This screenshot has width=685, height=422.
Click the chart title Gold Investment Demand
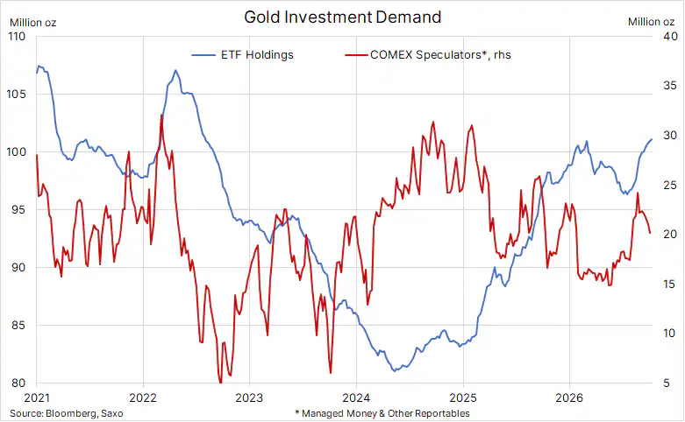click(x=342, y=18)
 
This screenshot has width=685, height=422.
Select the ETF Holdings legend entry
click(x=242, y=55)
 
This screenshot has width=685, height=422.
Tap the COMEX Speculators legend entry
click(x=428, y=55)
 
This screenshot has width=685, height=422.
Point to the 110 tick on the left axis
click(x=17, y=37)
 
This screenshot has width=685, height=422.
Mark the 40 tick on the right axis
click(x=670, y=36)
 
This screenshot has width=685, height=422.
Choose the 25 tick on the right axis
click(x=670, y=186)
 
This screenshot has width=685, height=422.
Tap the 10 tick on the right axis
click(x=670, y=333)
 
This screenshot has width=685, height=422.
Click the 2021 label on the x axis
click(x=37, y=397)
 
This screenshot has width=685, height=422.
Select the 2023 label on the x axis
click(x=249, y=397)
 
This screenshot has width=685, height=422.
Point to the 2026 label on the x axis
click(x=569, y=397)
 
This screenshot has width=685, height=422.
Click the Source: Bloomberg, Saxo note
click(x=67, y=413)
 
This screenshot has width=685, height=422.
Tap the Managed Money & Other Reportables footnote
click(x=382, y=413)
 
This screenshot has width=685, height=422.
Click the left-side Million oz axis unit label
click(x=32, y=23)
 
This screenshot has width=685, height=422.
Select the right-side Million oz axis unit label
click(x=651, y=22)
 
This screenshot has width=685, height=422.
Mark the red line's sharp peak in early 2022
click(x=161, y=115)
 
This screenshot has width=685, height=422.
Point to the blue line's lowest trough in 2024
click(x=395, y=371)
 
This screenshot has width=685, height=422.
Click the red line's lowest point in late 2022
click(x=221, y=383)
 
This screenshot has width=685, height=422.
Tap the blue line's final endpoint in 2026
click(x=652, y=139)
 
